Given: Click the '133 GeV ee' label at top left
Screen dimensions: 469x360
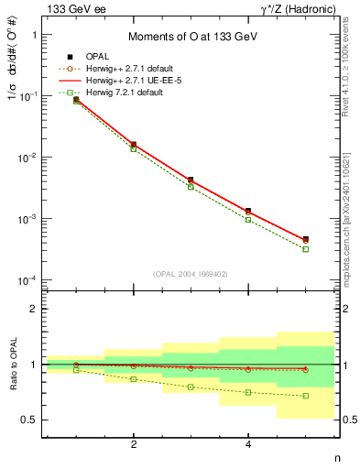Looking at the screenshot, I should tap(70, 8).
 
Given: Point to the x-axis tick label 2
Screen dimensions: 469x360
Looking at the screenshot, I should tap(134, 444).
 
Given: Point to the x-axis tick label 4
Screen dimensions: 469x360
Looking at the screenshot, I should tap(248, 444).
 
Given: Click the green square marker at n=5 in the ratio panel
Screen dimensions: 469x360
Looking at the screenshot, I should tap(306, 396).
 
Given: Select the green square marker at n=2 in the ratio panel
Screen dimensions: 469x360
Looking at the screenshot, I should tap(134, 379).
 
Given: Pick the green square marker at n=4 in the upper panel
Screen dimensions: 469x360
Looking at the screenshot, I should tap(248, 220).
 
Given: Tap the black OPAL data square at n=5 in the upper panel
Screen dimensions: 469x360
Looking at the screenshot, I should tap(306, 239).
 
